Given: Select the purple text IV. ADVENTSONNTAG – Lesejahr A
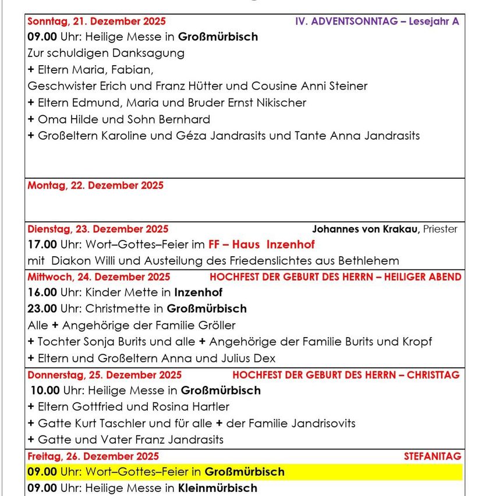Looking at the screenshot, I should (377, 22).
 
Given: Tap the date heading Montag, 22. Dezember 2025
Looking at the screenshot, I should (95, 186).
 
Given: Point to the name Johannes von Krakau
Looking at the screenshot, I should (366, 229).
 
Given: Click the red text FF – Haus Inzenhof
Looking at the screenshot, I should (261, 245).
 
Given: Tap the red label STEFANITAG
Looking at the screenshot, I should (433, 456).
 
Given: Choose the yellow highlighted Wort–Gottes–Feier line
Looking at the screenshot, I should (156, 472).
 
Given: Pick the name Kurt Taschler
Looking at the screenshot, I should (105, 423).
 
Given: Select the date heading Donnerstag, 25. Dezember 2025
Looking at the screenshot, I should (104, 375).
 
